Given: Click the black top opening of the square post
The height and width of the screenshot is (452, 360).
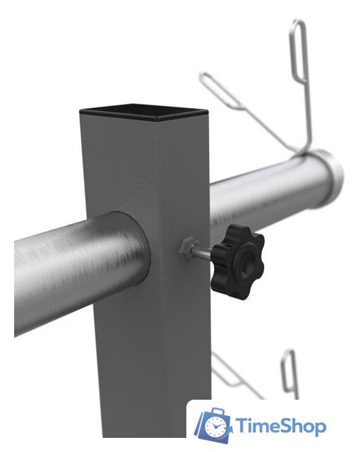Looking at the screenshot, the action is pyautogui.click(x=143, y=112).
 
